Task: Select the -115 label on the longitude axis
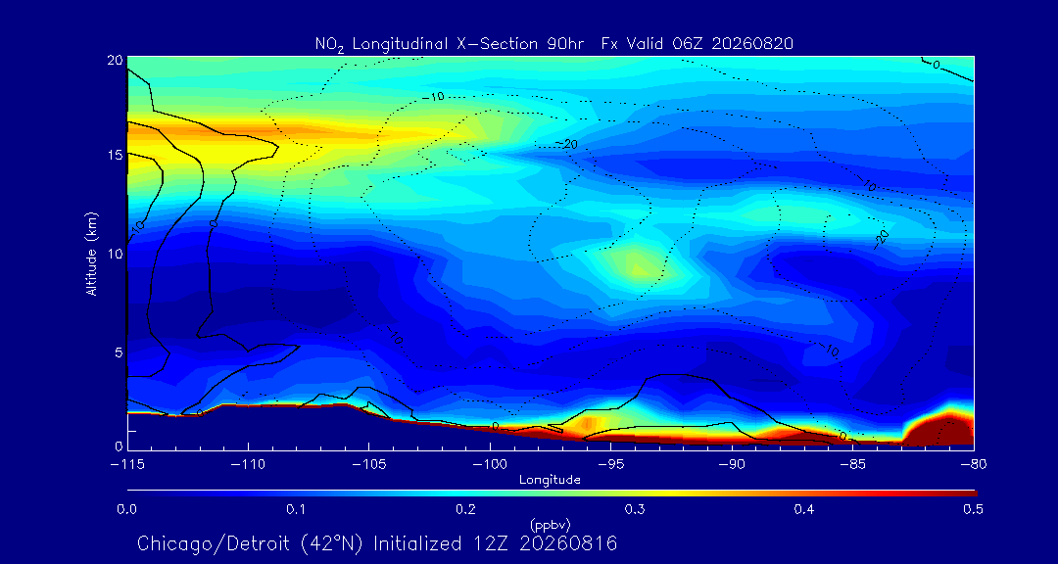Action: click(127, 464)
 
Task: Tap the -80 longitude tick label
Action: click(973, 464)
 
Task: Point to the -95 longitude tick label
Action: click(610, 464)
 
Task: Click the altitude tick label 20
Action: click(115, 60)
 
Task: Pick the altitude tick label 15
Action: click(115, 155)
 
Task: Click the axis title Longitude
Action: click(550, 481)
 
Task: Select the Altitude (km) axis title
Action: click(91, 253)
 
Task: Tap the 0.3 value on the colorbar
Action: click(634, 509)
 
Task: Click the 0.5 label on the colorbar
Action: click(973, 509)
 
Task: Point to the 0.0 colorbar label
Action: click(127, 509)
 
